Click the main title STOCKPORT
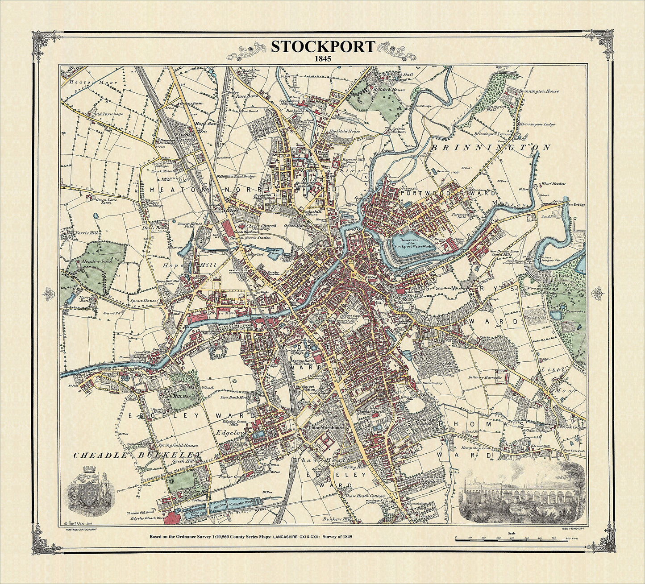pos(322,47)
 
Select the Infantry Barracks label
pos(486,377)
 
